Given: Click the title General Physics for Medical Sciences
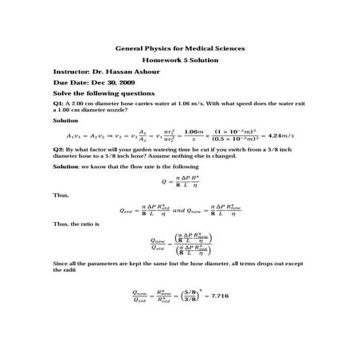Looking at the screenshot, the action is tap(180, 49).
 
